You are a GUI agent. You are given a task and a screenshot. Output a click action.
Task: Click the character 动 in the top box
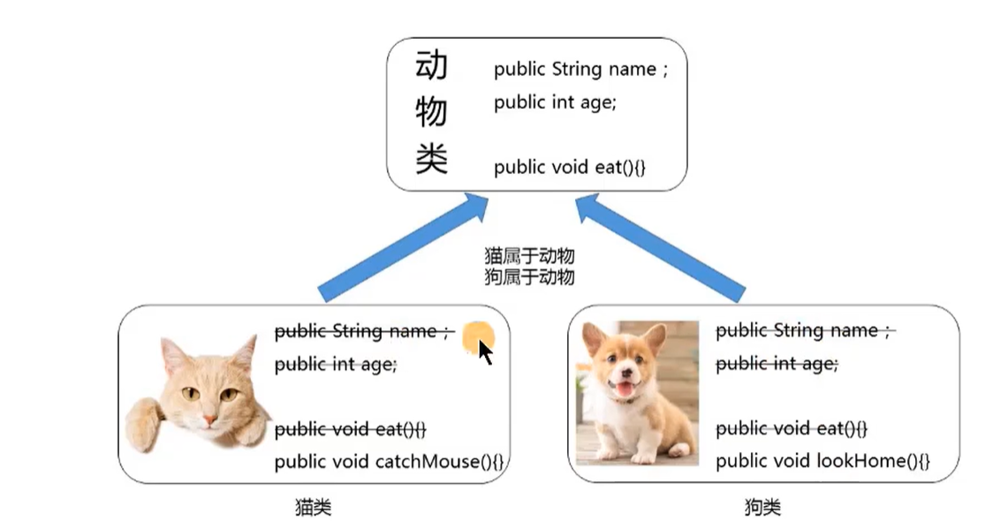pyautogui.click(x=431, y=65)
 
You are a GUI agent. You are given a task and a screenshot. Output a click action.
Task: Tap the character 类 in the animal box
pyautogui.click(x=431, y=160)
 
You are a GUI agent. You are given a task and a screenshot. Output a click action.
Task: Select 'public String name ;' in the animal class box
pyautogui.click(x=580, y=69)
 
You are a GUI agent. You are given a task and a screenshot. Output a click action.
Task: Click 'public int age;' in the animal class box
pyautogui.click(x=555, y=102)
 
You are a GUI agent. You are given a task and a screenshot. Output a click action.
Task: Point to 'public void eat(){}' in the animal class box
pyautogui.click(x=570, y=166)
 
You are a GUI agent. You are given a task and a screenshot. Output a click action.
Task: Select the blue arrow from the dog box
pyautogui.click(x=660, y=247)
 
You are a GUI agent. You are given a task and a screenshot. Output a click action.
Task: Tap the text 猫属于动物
pyautogui.click(x=529, y=256)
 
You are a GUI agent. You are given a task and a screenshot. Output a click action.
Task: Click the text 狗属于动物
pyautogui.click(x=529, y=276)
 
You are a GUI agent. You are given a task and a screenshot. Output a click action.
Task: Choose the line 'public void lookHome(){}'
pyautogui.click(x=822, y=461)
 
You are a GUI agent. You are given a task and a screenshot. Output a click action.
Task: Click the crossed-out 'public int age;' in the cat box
pyautogui.click(x=336, y=364)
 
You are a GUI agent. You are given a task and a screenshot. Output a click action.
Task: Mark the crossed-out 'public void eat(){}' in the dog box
pyautogui.click(x=792, y=428)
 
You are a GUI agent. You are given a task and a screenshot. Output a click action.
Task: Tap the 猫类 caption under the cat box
pyautogui.click(x=314, y=508)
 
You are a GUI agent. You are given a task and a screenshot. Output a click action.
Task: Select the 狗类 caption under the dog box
pyautogui.click(x=762, y=508)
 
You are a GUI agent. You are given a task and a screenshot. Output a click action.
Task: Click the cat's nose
pyautogui.click(x=208, y=416)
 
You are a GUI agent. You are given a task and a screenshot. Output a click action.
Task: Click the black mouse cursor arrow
pyautogui.click(x=485, y=351)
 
